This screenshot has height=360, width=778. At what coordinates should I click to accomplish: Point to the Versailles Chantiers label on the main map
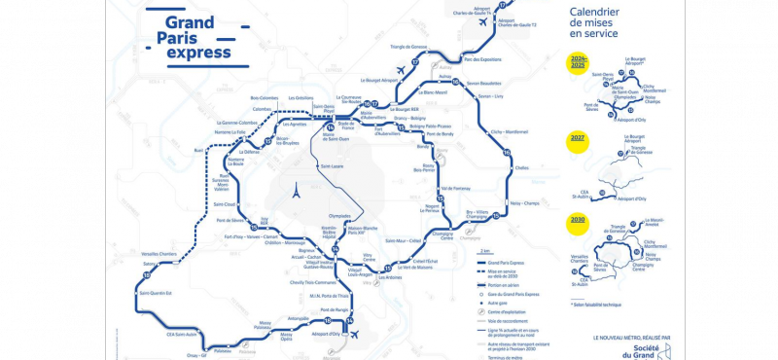point(159,256)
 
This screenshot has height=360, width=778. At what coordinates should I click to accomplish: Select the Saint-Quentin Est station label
point(156,292)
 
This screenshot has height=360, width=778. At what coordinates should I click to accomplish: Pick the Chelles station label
point(522,167)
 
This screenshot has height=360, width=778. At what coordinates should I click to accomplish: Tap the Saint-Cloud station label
point(225,204)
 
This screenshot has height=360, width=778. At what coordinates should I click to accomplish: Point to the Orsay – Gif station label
point(198,356)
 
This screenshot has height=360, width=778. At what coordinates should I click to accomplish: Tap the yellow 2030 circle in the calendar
point(578,221)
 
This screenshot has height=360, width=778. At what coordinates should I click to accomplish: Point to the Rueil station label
point(199,151)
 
